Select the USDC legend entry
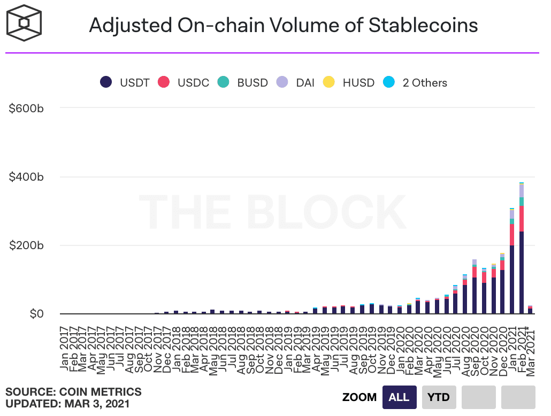click(x=185, y=82)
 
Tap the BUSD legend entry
click(x=243, y=82)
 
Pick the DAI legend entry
click(x=296, y=82)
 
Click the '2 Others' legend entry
click(x=416, y=82)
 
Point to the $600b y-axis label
click(x=26, y=109)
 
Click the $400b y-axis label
click(x=26, y=177)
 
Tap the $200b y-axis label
click(x=26, y=245)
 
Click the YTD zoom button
click(x=439, y=397)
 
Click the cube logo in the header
click(x=24, y=24)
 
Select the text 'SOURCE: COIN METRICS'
click(x=73, y=392)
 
